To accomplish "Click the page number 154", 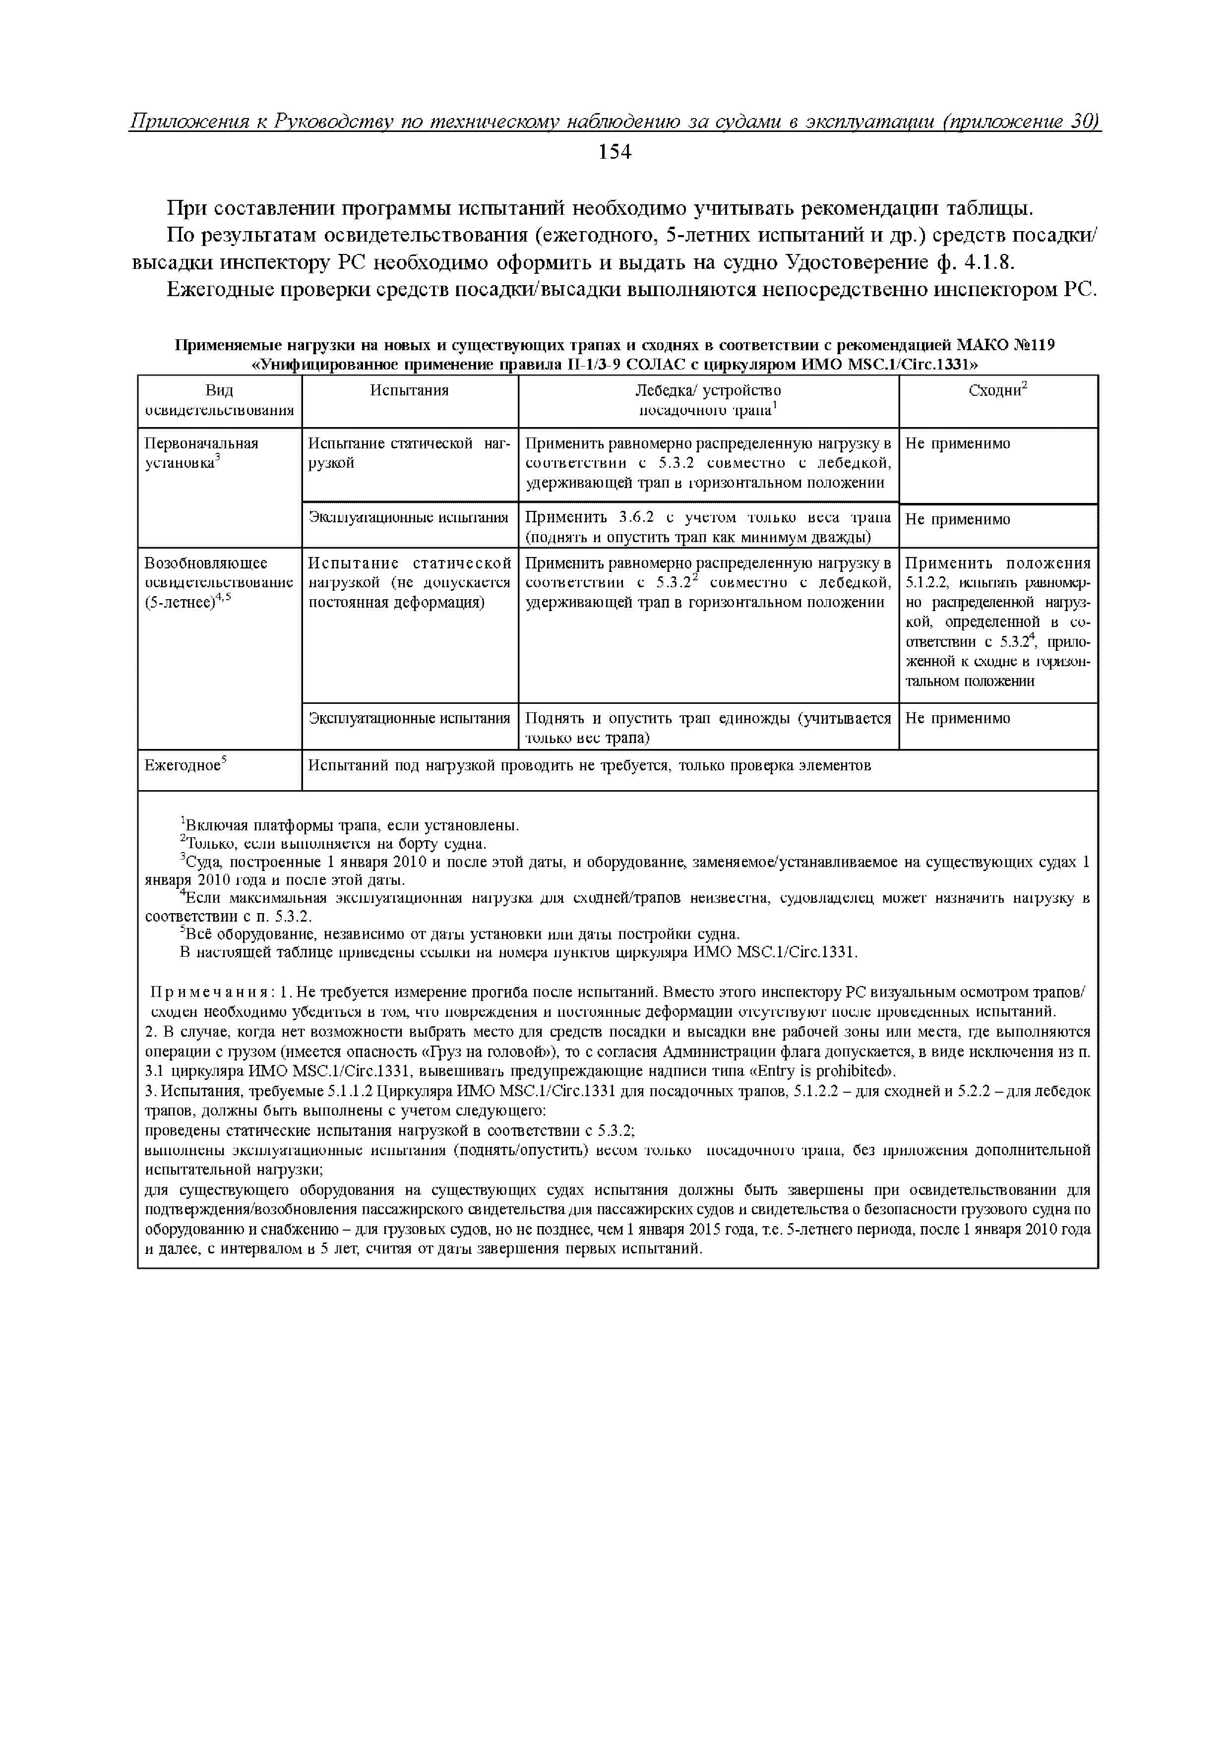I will click(x=615, y=153).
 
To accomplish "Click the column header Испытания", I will click(x=409, y=391).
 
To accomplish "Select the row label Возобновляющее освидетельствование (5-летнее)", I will click(x=218, y=583).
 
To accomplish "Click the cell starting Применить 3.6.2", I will click(x=708, y=527).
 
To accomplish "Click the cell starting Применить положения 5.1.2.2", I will click(x=998, y=622).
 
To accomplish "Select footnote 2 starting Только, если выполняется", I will click(x=333, y=844).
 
